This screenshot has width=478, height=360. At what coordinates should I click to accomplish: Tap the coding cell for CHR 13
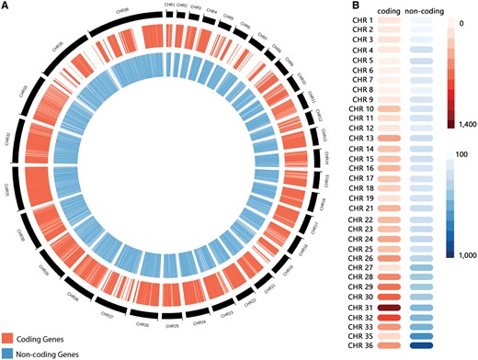coord(388,138)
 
